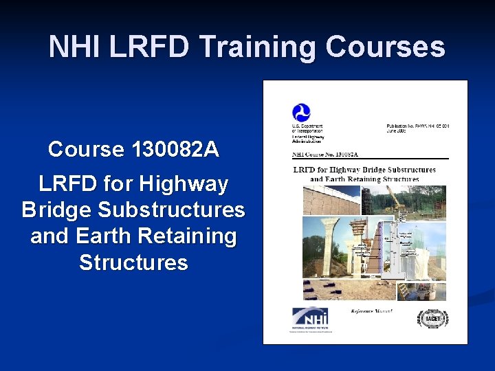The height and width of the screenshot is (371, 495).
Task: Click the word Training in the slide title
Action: pyautogui.click(x=259, y=47)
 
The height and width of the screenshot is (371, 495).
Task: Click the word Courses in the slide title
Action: pyautogui.click(x=385, y=47)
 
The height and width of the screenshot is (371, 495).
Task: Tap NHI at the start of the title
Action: pyautogui.click(x=75, y=47)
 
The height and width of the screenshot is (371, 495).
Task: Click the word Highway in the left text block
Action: pyautogui.click(x=184, y=184)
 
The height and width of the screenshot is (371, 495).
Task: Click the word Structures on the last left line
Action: pyautogui.click(x=133, y=262)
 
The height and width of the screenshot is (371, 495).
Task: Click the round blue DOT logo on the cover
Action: pyautogui.click(x=301, y=113)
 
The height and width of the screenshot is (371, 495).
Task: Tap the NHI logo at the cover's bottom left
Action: pyautogui.click(x=310, y=318)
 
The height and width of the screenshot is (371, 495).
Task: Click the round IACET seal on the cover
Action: pyautogui.click(x=433, y=319)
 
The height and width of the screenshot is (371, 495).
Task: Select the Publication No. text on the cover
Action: pyautogui.click(x=418, y=128)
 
